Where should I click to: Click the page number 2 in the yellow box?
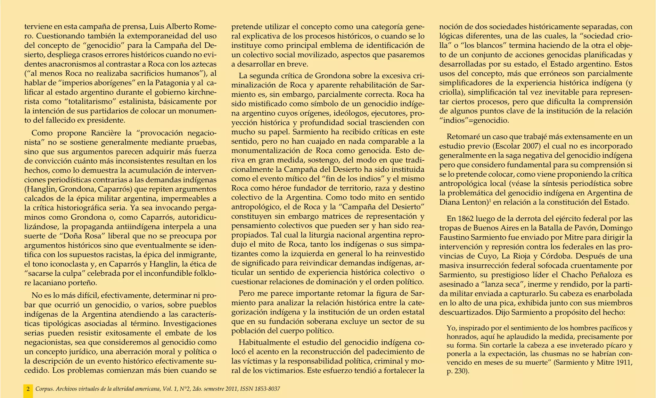click(x=28, y=389)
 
